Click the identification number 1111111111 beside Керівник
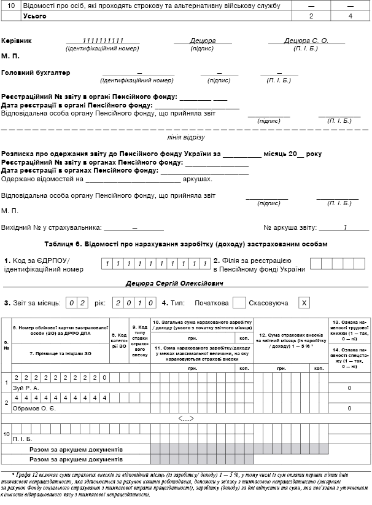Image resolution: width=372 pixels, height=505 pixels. point(103,41)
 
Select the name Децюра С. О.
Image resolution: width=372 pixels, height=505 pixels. point(307,41)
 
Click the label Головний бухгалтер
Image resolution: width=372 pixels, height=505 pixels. point(36,73)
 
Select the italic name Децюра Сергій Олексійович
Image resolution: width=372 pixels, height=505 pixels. point(174,284)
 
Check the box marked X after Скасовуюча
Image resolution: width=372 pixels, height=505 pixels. point(303,303)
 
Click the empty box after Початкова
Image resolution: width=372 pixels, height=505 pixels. point(239,303)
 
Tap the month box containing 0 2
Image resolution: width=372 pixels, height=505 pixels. point(77,303)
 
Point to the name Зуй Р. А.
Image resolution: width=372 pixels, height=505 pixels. point(26,388)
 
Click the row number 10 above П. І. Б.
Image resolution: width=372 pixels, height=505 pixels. point(6,434)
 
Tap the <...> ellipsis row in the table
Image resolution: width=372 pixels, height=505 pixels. point(185,419)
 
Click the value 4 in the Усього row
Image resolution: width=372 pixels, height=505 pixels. point(350,15)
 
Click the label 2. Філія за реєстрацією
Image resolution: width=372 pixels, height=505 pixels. point(258,264)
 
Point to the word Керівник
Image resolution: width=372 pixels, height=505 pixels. point(17,41)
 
